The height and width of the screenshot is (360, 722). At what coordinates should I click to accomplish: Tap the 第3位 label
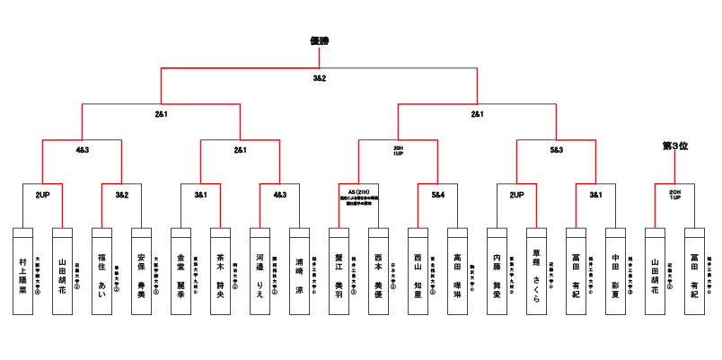674,145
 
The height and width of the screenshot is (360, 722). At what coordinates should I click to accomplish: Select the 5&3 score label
556,150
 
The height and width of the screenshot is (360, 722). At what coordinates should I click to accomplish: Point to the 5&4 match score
437,194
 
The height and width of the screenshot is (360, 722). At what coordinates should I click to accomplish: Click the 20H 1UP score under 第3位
674,195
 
